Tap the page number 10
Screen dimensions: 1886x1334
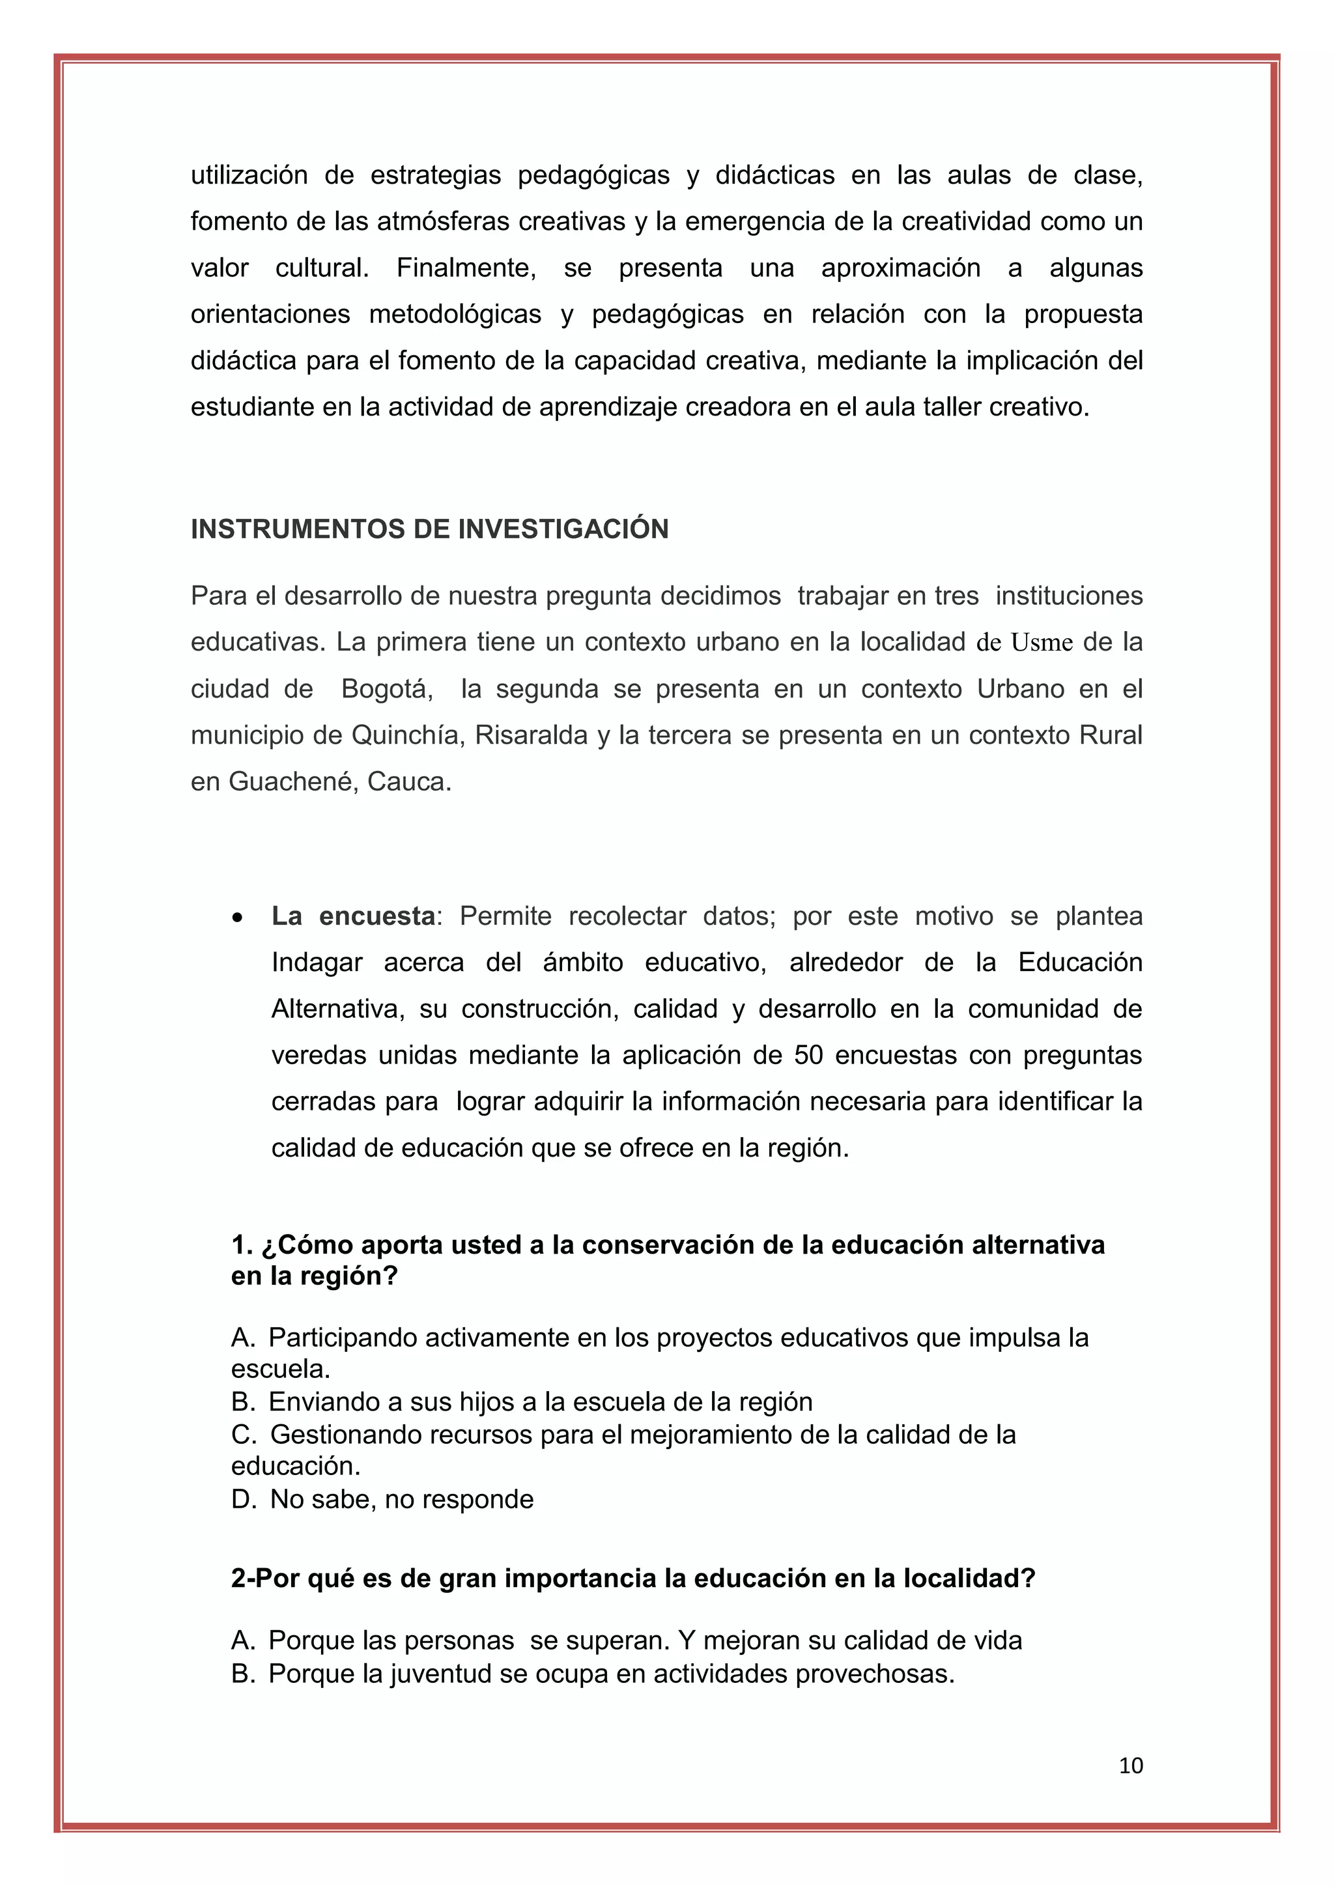click(x=1130, y=1766)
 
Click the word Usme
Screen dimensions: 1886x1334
click(x=1042, y=642)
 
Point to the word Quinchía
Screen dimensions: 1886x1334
click(x=401, y=735)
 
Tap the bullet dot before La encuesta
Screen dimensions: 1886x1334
click(x=237, y=918)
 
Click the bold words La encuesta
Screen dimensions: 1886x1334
click(x=353, y=916)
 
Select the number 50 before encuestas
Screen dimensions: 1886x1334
click(x=808, y=1055)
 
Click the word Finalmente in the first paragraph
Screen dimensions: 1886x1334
click(x=466, y=268)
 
